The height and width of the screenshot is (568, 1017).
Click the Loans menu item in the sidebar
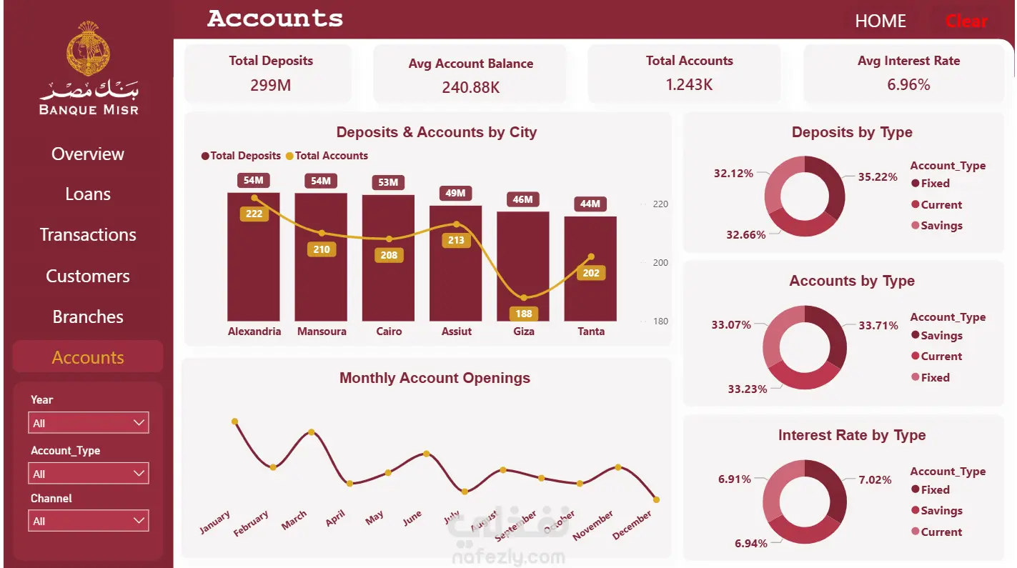88,194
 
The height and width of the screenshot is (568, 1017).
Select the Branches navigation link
88,317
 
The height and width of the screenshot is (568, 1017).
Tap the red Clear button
966,21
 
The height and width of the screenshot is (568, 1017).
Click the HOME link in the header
880,21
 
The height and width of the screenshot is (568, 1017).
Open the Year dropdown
89,423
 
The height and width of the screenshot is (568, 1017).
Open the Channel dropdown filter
89,520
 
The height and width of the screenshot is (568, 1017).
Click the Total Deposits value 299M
271,85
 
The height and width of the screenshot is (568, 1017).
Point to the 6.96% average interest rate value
908,85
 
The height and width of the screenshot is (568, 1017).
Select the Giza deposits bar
523,266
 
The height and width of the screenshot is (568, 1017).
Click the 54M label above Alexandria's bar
253,180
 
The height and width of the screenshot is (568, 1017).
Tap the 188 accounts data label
523,314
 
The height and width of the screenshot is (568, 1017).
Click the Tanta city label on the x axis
590,332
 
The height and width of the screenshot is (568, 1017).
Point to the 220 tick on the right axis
660,204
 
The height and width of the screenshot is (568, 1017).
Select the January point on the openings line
234,422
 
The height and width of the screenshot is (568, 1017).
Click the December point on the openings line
656,499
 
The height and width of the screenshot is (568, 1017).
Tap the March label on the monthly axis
294,520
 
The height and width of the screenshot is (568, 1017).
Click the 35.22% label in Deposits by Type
878,177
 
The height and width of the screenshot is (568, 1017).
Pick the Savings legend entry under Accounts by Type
937,336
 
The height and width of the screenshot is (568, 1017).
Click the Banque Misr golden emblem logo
88,48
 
